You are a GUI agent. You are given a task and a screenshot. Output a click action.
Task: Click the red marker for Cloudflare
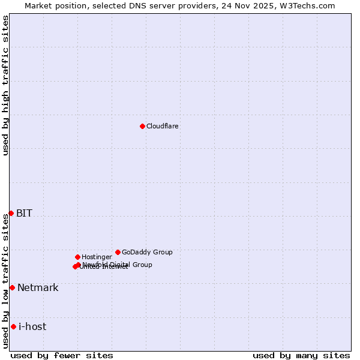[142, 126]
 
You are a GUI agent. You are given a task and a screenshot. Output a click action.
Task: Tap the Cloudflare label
[162, 126]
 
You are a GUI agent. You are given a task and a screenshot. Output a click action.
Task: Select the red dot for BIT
[11, 213]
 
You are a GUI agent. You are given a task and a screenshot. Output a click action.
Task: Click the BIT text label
[24, 213]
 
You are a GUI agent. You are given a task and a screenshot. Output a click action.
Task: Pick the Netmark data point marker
[12, 287]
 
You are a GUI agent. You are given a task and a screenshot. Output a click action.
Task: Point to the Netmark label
[38, 287]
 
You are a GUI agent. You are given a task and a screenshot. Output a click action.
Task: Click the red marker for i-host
[13, 326]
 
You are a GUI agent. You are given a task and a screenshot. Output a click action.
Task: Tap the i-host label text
[32, 326]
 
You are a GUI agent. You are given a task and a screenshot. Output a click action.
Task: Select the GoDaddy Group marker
[118, 252]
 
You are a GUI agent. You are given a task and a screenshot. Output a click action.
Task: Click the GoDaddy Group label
[147, 252]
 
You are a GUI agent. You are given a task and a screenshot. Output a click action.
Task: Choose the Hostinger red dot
[77, 257]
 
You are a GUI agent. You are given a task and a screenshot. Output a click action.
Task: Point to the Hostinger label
[97, 257]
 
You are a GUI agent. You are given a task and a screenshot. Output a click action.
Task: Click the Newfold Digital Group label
[118, 264]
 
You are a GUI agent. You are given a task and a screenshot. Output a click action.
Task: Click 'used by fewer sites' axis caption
[62, 355]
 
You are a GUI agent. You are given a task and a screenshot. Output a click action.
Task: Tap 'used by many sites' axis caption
[301, 355]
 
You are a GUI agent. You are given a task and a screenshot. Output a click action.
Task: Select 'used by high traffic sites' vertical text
[5, 85]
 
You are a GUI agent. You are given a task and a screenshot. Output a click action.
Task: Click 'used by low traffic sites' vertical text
[5, 281]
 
